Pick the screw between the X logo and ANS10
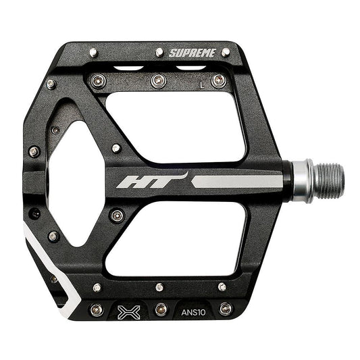tap(160, 310)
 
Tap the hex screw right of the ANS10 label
tap(225, 309)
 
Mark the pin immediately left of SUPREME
tap(159, 52)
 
